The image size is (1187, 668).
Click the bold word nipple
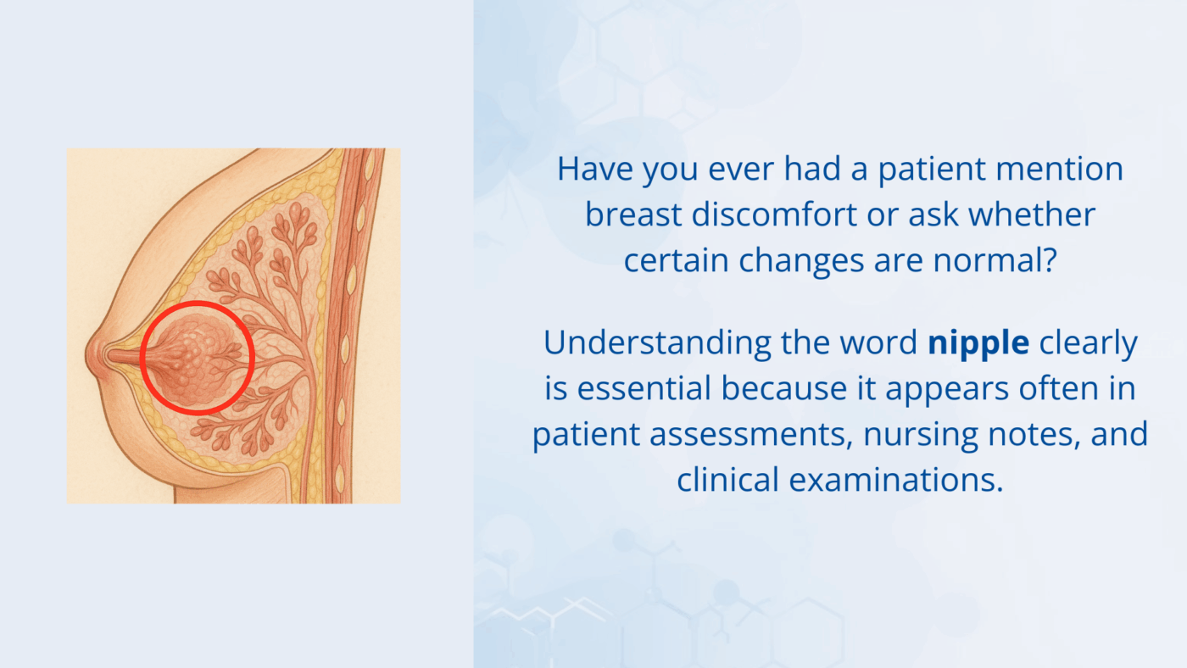click(978, 343)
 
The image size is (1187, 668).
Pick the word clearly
click(1088, 343)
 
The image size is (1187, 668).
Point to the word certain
click(677, 260)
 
